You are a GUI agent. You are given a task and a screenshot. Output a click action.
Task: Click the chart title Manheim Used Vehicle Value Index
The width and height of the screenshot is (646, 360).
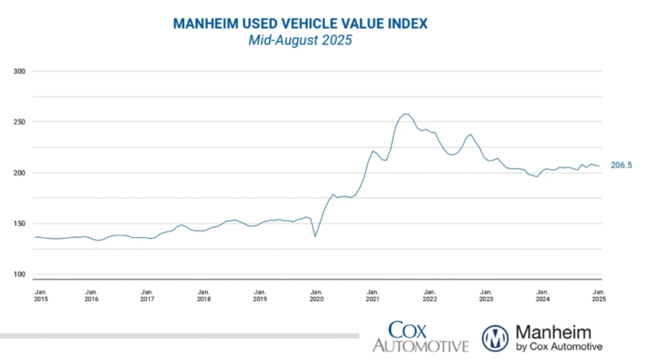(299, 24)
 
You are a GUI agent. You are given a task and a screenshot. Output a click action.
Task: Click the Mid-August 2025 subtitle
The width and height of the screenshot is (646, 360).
(299, 40)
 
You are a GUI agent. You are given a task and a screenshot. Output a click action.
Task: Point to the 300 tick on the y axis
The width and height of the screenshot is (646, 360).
(19, 71)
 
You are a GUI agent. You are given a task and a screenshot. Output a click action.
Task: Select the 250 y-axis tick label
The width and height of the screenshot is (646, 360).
(19, 122)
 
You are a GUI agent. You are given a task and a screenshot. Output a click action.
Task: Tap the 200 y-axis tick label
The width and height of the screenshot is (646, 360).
(19, 173)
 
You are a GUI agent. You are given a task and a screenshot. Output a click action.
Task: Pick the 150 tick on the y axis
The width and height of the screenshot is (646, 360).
(19, 224)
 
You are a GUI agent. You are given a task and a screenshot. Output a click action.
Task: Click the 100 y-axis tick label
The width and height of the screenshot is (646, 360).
(19, 274)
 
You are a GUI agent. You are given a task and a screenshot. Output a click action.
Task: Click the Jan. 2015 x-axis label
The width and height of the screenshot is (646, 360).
(41, 294)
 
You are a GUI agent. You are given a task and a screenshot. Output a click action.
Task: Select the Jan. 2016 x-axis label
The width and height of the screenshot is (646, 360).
(91, 294)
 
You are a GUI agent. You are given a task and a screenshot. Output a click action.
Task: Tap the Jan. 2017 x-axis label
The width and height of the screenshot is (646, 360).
(147, 294)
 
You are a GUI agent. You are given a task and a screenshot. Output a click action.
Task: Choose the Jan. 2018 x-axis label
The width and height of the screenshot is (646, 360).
(204, 294)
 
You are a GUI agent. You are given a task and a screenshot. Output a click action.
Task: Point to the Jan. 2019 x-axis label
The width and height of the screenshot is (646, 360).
(260, 294)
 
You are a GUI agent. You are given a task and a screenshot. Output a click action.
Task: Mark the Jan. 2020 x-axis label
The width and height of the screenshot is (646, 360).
(316, 294)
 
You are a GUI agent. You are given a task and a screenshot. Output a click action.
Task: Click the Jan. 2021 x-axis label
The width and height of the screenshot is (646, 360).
(373, 294)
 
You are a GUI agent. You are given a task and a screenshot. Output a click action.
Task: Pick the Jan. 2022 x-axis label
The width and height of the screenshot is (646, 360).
(429, 294)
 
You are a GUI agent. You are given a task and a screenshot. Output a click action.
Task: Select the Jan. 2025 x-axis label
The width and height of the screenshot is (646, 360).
(598, 294)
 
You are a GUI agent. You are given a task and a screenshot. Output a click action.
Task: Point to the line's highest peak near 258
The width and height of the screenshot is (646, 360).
(406, 114)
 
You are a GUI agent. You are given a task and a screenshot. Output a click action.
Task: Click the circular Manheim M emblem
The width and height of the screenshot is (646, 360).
(495, 337)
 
